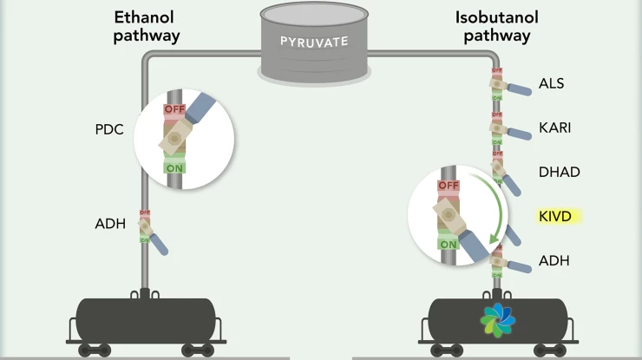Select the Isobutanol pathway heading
495,26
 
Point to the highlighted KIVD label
555,216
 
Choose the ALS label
552,83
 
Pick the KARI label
554,128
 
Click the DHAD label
559,172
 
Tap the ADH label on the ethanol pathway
110,225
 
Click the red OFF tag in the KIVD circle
448,186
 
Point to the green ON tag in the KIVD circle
448,244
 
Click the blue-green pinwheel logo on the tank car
498,319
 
